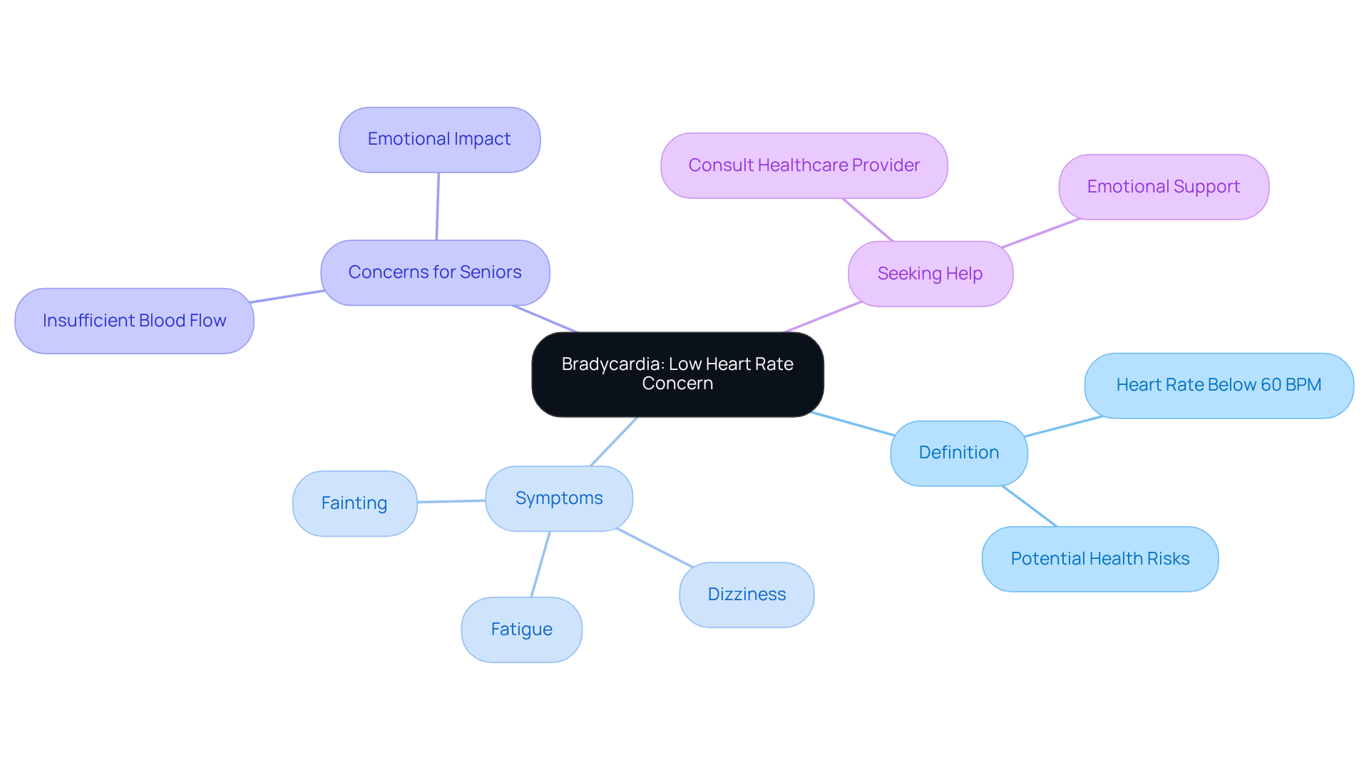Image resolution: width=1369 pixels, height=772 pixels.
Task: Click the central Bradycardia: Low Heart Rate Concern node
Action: [677, 374]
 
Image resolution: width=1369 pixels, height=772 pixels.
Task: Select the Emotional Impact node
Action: [439, 140]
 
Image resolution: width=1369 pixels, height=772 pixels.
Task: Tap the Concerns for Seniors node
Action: [435, 272]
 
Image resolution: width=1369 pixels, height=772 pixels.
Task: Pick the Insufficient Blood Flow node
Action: [134, 321]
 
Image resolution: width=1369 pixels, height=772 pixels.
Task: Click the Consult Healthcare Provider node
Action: [804, 165]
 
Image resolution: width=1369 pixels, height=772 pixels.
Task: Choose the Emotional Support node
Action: [1164, 187]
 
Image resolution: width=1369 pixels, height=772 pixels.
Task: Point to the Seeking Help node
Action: [930, 274]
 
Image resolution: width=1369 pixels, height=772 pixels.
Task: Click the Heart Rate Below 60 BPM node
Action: [1219, 385]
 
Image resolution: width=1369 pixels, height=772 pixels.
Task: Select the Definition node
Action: [958, 453]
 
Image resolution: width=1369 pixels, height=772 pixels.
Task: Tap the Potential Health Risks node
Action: [1099, 559]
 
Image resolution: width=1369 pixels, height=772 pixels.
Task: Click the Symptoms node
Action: [559, 498]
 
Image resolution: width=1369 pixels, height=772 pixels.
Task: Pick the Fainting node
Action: [354, 503]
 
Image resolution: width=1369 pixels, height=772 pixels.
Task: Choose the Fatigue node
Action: [521, 629]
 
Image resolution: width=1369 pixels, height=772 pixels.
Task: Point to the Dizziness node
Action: [747, 595]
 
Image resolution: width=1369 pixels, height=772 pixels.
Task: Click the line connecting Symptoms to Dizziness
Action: [655, 547]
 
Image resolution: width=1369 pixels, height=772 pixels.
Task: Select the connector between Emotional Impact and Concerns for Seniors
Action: [438, 207]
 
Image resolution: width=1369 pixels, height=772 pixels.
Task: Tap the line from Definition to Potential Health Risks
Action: [1030, 506]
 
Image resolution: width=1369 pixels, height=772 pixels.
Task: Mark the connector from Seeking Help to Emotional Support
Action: [1041, 233]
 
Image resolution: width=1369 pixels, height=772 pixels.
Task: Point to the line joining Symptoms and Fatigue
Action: [540, 565]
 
